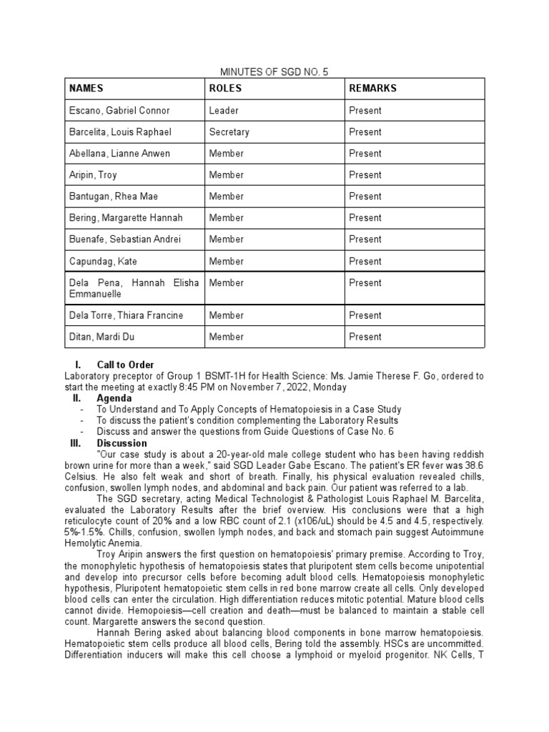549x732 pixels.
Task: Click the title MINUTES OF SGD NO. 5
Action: pos(274,71)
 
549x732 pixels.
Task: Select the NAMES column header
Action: pos(86,89)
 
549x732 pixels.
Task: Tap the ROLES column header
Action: pos(225,89)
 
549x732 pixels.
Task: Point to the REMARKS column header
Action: pos(372,89)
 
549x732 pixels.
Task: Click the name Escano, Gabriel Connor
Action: pos(119,111)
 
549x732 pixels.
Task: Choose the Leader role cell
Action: pos(224,111)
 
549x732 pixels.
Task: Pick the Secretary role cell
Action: pos(229,132)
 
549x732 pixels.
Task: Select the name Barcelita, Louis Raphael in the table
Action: pos(119,132)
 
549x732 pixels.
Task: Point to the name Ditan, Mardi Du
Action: pos(102,337)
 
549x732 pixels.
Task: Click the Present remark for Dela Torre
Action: pos(365,315)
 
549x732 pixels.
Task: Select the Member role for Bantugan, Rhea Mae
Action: pos(227,197)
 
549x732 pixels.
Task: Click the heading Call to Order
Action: pos(125,365)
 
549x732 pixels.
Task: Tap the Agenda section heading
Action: pos(114,398)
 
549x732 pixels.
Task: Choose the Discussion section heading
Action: pos(122,443)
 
